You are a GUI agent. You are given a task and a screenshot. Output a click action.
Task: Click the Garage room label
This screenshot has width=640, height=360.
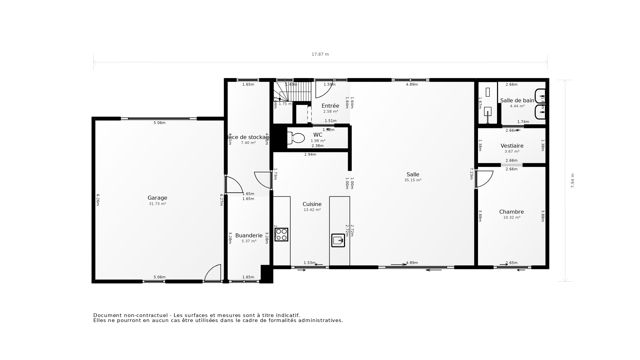[157, 198]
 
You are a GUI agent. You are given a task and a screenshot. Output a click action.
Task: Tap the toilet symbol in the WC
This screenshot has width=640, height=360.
[296, 138]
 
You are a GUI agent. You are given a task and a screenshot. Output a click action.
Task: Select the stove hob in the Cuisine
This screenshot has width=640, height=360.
[281, 235]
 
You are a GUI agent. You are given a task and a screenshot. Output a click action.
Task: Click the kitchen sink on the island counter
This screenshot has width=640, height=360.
[338, 240]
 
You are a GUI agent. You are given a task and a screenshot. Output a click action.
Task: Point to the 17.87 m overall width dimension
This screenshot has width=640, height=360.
[320, 54]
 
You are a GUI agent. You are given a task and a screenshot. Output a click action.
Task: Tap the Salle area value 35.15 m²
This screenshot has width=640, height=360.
[413, 180]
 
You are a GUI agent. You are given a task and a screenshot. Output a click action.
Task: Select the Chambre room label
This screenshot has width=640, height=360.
[511, 212]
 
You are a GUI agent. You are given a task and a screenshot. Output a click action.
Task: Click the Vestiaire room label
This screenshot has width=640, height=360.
[512, 146]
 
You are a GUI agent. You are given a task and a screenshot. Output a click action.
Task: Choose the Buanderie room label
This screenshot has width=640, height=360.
[249, 236]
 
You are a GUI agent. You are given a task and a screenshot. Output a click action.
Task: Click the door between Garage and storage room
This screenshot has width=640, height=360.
[234, 185]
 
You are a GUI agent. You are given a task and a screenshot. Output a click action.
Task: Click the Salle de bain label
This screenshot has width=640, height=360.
[517, 101]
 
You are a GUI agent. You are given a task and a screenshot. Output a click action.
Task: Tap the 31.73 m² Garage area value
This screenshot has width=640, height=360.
[157, 204]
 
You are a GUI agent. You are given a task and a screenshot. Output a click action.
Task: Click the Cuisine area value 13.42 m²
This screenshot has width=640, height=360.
[312, 210]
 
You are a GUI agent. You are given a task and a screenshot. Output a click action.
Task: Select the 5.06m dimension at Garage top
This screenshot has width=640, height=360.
[159, 123]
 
